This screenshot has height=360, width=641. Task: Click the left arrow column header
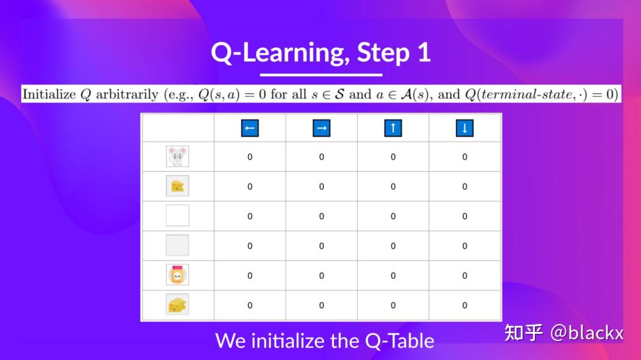coord(250,128)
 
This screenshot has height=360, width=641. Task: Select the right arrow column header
coord(322,128)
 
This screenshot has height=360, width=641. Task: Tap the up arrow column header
coord(393,128)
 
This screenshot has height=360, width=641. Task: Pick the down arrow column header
coord(465,128)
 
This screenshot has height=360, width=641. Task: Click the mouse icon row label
coord(177,157)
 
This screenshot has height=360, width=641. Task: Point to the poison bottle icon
coord(177,275)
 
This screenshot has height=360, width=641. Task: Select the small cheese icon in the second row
coord(177,186)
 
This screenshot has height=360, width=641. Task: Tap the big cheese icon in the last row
coord(177,304)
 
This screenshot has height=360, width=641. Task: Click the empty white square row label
coord(177,215)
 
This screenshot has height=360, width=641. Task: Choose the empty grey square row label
coord(177,245)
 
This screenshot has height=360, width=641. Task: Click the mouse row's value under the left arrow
coord(250,157)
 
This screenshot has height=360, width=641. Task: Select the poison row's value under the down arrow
coord(465,276)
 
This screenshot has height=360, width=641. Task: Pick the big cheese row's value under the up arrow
coord(393,305)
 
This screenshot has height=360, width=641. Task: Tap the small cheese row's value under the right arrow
coord(322,187)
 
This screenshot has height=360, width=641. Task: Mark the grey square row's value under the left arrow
coord(250,246)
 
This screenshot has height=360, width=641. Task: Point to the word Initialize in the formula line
coord(49,95)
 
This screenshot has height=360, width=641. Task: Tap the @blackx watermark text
coord(587,333)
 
